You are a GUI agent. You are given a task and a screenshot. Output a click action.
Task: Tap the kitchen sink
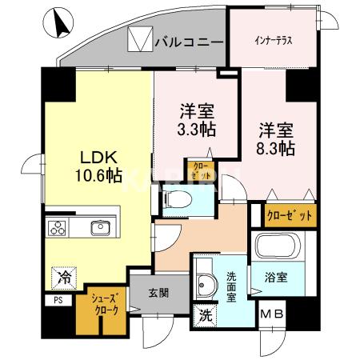(102, 227)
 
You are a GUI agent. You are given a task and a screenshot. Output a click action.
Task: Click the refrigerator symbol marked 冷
(63, 277)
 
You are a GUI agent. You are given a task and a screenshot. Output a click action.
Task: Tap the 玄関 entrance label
(158, 293)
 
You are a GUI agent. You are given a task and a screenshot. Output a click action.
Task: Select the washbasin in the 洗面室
(206, 283)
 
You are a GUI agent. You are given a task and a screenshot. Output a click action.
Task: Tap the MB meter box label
(271, 315)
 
